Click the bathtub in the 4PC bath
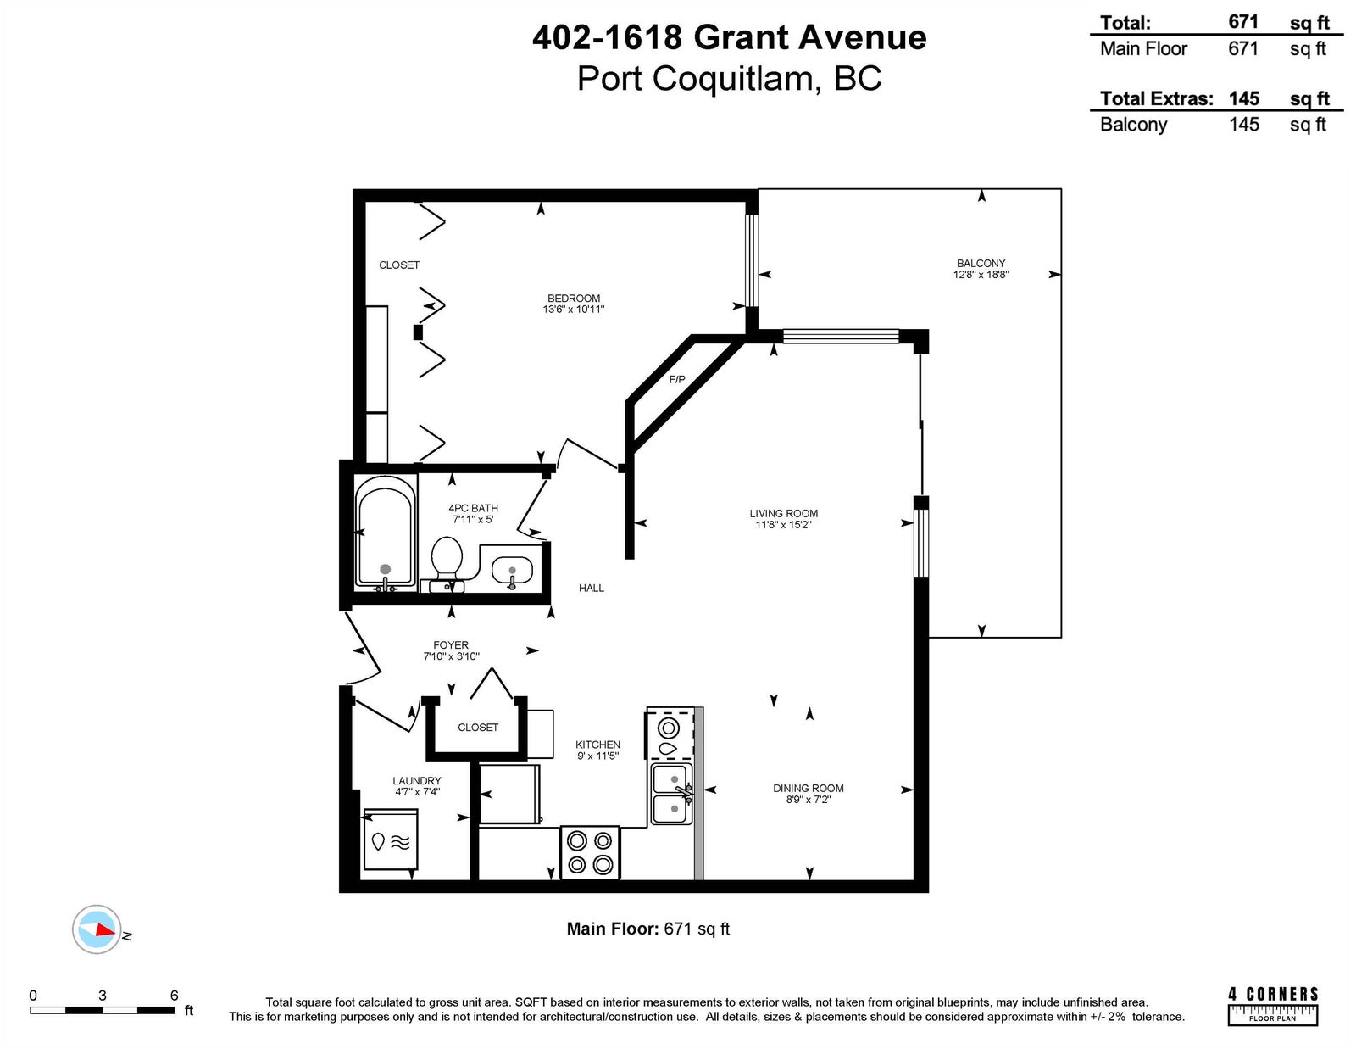click(385, 533)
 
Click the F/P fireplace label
click(677, 380)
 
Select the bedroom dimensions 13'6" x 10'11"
click(574, 310)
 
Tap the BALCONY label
click(981, 264)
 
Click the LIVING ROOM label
click(784, 514)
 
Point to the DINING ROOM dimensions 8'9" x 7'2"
click(809, 800)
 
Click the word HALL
click(591, 589)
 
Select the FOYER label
click(451, 645)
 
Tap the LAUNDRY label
click(417, 781)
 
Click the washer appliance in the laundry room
click(391, 840)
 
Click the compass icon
click(97, 929)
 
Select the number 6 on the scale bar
click(174, 996)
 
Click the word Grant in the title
click(742, 37)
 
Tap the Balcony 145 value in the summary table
click(1243, 125)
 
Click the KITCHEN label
click(597, 745)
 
